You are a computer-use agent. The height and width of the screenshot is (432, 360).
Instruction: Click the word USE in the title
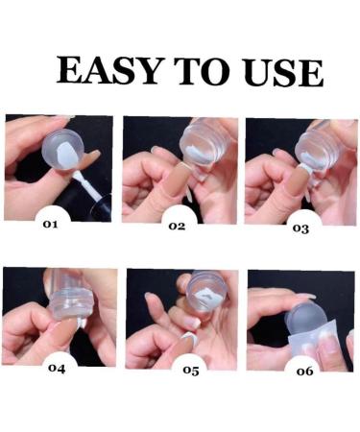tap(278, 71)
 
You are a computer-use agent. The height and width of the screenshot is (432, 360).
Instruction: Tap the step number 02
tap(176, 226)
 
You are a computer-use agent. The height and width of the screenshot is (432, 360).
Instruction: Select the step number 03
tap(300, 228)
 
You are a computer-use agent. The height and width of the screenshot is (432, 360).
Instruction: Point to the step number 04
tap(56, 366)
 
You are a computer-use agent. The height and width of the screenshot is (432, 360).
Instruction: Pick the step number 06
tap(304, 370)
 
